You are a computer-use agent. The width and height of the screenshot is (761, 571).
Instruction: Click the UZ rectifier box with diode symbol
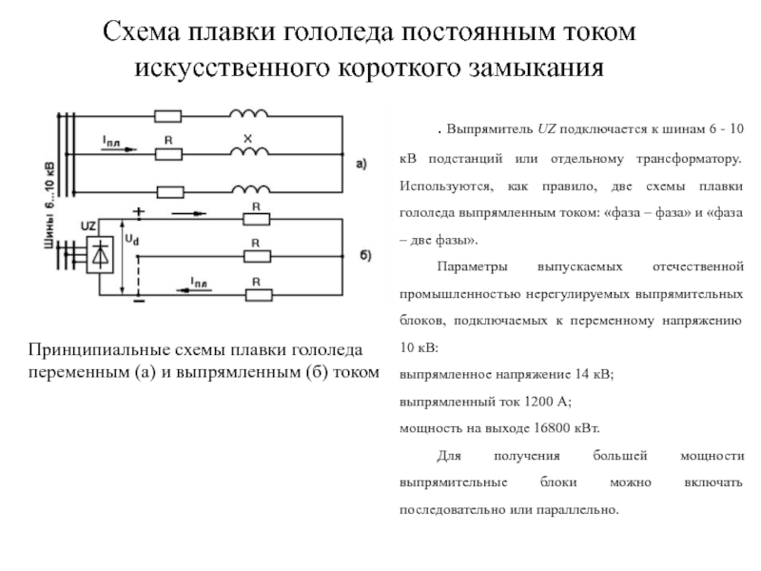click(x=100, y=255)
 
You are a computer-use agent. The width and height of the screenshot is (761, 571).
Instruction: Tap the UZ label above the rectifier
click(x=88, y=226)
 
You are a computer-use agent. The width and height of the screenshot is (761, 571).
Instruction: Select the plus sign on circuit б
click(x=139, y=211)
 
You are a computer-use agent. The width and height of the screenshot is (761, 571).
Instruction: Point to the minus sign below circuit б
click(x=139, y=302)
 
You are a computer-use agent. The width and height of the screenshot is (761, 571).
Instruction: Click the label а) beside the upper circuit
click(x=361, y=164)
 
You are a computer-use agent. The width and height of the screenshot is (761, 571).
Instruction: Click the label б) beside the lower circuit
click(x=365, y=255)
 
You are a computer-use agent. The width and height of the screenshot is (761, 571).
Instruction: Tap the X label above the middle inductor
click(x=247, y=139)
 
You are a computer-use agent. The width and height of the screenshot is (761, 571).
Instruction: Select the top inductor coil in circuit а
click(x=248, y=113)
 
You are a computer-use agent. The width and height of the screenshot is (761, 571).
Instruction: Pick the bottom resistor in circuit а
click(x=170, y=192)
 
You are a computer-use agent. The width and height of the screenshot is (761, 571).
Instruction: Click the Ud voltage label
click(x=132, y=240)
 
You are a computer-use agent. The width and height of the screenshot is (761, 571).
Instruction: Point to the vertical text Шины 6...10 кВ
click(x=49, y=205)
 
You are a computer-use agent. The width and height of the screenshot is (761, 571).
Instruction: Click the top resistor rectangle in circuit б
click(x=256, y=219)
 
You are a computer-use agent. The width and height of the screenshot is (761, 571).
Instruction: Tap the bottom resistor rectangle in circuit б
click(x=259, y=295)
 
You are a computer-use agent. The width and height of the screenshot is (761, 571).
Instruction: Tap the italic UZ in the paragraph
click(x=546, y=129)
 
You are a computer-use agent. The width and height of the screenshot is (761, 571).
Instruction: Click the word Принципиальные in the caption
click(x=99, y=350)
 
